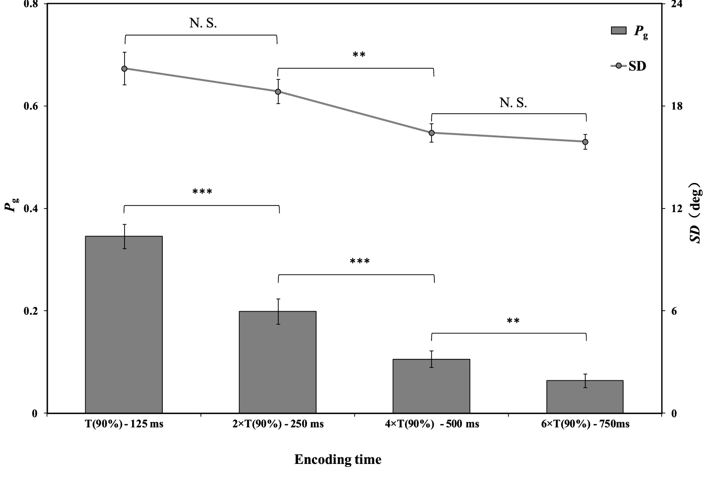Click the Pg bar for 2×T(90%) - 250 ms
tap(277, 362)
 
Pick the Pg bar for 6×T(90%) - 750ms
tap(585, 397)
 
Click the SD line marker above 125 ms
tap(124, 68)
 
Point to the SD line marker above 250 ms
tap(278, 91)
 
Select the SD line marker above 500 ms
tap(432, 133)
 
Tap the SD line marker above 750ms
tap(585, 142)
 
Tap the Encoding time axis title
tap(338, 459)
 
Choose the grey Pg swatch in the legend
tap(619, 31)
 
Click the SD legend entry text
tap(637, 66)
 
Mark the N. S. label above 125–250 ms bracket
tap(203, 23)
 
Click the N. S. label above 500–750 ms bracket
tap(513, 103)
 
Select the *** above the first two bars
tap(202, 192)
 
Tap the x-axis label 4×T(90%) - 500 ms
tap(432, 424)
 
